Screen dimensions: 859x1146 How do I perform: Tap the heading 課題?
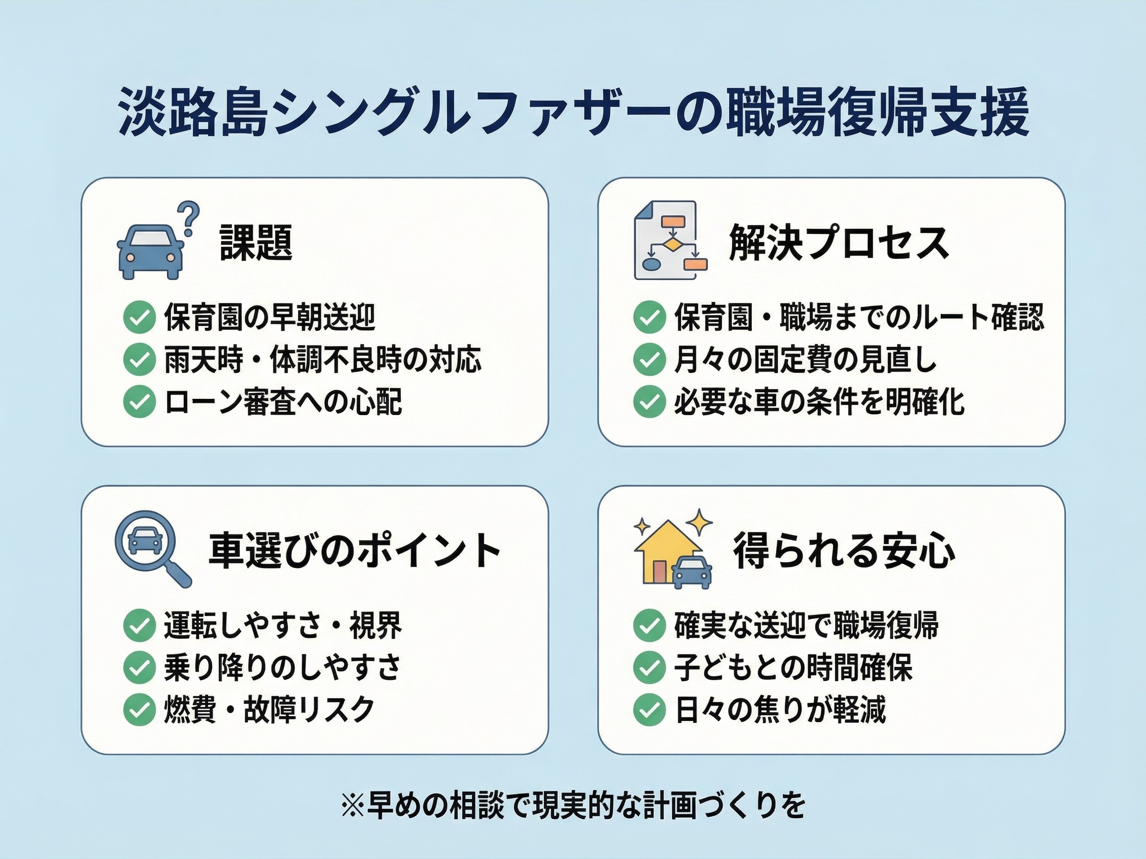click(x=256, y=243)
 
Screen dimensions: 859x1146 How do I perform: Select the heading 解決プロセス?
click(x=839, y=243)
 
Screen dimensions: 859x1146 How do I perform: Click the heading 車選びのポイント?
click(x=354, y=550)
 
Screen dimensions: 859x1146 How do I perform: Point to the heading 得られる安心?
click(x=844, y=551)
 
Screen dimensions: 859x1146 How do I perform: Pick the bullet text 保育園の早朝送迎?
click(x=270, y=317)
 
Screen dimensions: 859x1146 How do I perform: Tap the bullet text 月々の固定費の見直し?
click(x=805, y=360)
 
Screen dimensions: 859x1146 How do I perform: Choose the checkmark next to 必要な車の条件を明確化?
click(x=649, y=402)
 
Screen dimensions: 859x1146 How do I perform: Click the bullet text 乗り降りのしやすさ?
click(x=283, y=667)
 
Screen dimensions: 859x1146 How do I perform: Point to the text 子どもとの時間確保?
click(x=792, y=667)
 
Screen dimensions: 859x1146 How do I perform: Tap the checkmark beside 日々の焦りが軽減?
click(x=649, y=709)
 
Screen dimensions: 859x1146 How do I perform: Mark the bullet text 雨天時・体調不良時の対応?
click(x=323, y=360)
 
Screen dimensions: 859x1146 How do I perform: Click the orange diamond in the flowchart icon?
click(x=672, y=244)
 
